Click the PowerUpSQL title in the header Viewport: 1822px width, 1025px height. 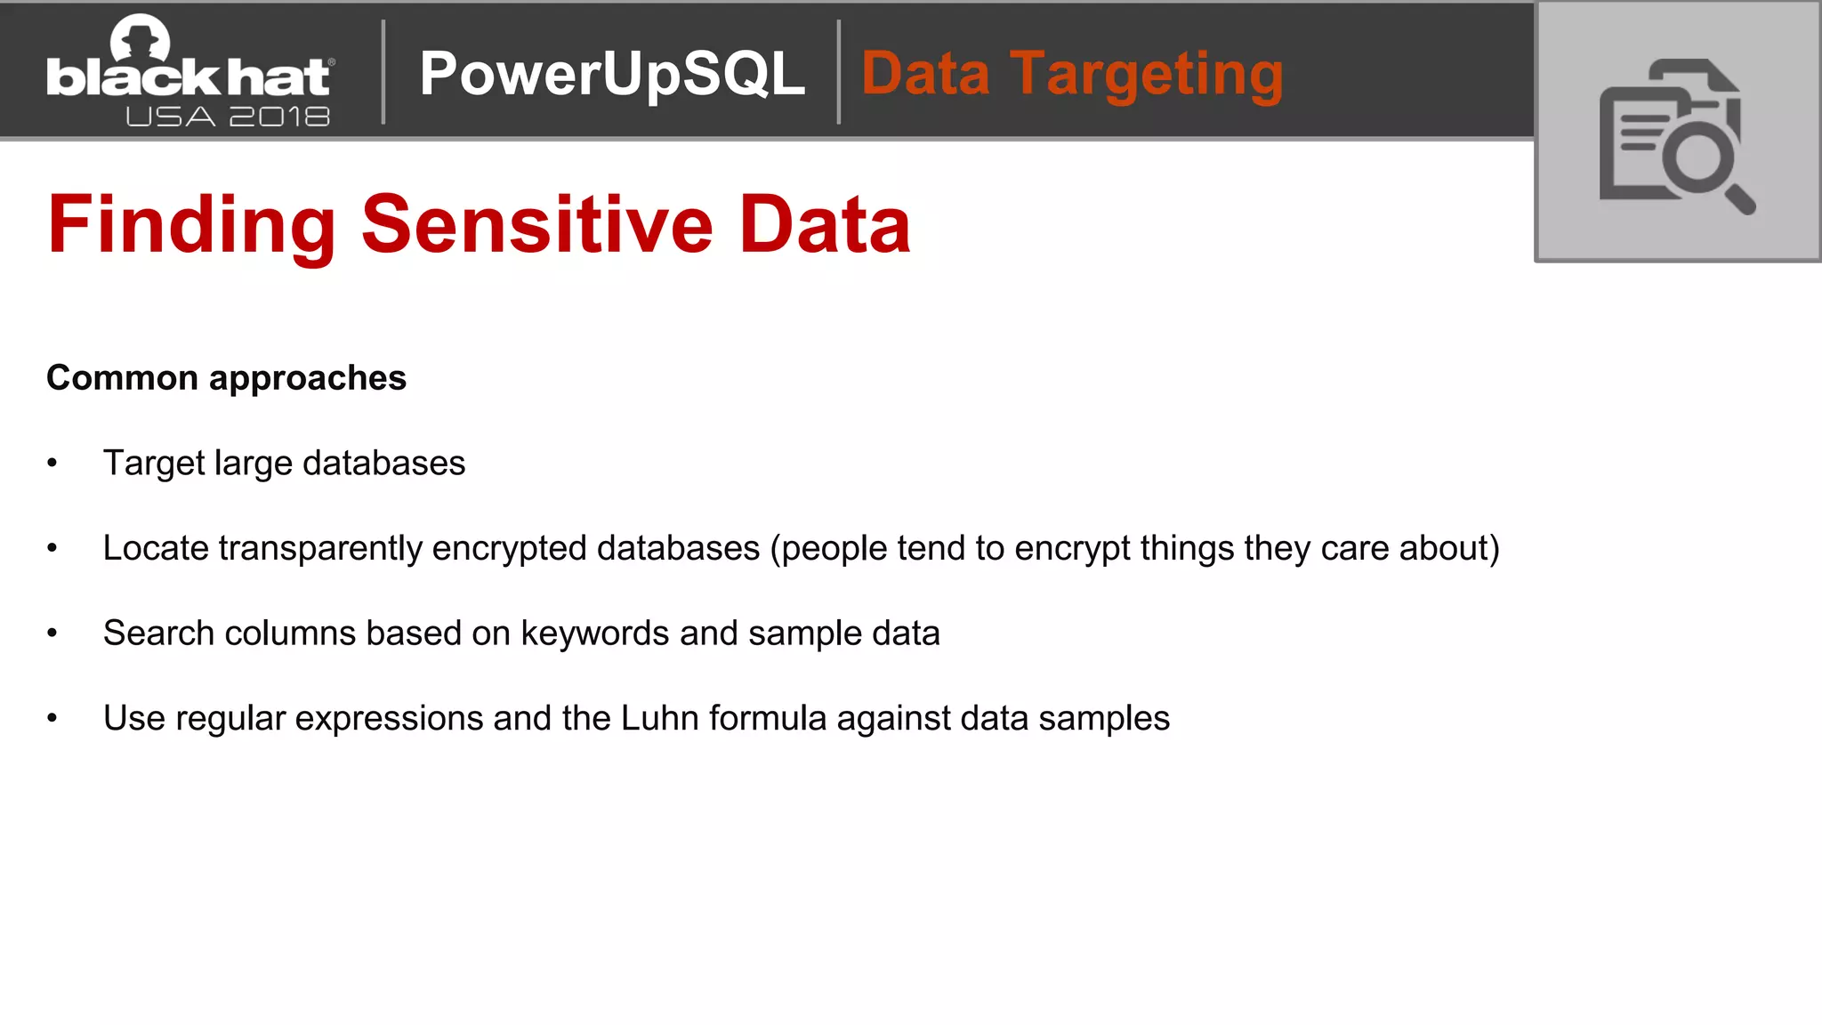click(612, 73)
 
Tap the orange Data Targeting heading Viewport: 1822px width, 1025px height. click(1072, 73)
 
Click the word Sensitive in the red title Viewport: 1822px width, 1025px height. click(536, 224)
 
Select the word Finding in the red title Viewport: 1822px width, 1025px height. click(191, 224)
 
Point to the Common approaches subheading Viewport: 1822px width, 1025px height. click(226, 378)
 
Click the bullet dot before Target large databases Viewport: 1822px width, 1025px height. click(52, 464)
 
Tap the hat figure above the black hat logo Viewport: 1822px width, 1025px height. click(140, 37)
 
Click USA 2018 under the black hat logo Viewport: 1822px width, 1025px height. click(228, 117)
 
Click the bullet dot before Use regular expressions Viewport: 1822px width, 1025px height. click(52, 718)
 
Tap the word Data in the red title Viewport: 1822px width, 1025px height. click(824, 224)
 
